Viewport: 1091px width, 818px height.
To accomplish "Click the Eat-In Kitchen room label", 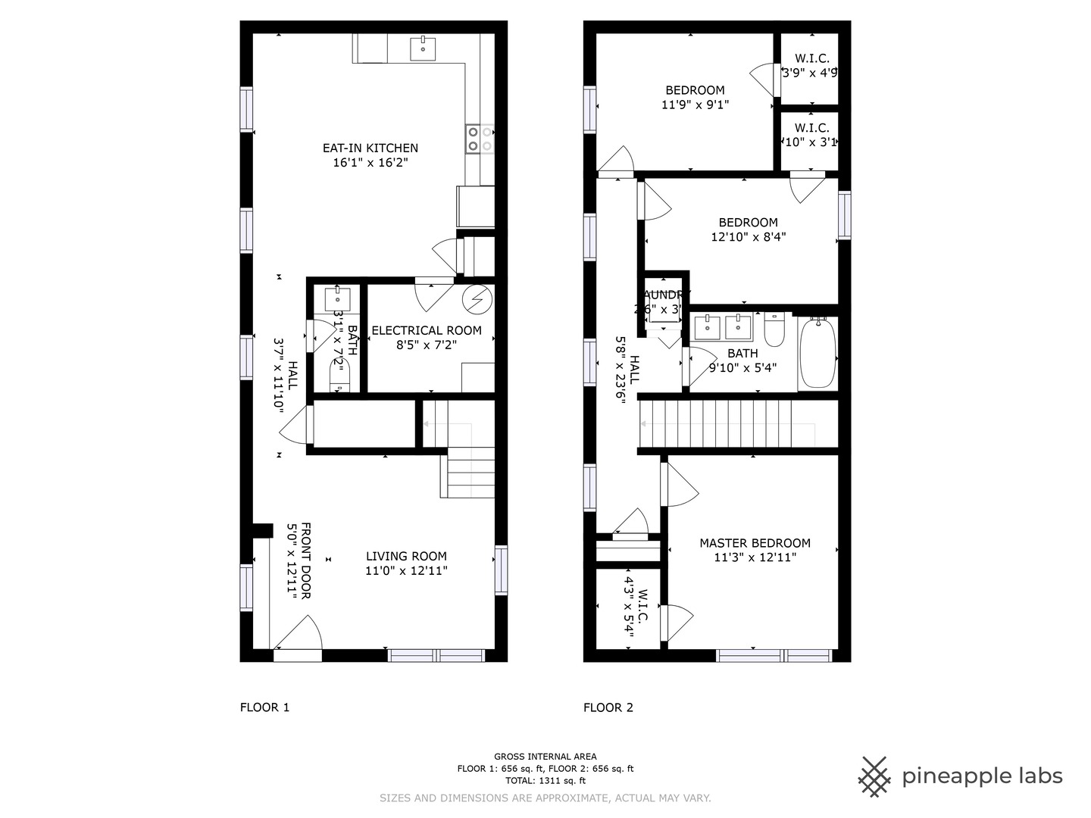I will [x=370, y=148].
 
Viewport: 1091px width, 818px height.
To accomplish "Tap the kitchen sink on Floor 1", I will [x=423, y=48].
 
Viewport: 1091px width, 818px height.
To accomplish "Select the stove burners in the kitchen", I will [x=480, y=139].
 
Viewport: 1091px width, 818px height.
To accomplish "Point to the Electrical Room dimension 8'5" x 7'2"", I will [x=427, y=345].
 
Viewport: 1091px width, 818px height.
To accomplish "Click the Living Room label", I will [x=406, y=556].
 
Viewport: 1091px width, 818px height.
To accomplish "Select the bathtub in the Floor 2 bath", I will [x=817, y=353].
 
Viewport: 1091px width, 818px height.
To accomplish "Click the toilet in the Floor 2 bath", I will [x=774, y=330].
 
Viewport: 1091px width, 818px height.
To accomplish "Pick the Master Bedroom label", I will [x=755, y=543].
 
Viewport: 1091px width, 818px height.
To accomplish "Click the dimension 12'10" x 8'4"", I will [x=748, y=237].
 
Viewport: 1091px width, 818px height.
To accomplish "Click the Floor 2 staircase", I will [x=727, y=425].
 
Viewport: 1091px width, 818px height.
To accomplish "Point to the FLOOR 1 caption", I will [x=264, y=707].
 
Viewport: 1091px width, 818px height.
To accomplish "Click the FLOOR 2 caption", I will [x=608, y=707].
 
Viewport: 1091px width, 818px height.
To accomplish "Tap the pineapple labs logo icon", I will [x=874, y=776].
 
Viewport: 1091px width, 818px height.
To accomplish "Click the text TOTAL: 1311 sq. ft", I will [x=545, y=780].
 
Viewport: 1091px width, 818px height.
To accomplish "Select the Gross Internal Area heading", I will [x=545, y=756].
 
